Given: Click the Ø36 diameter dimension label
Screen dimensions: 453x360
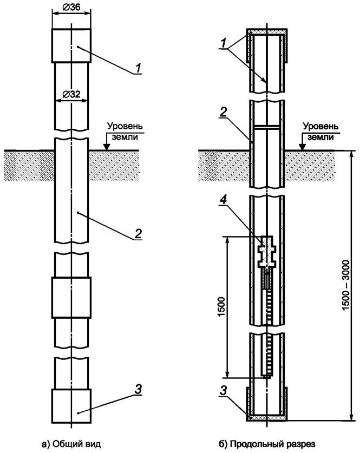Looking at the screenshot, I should [x=71, y=7].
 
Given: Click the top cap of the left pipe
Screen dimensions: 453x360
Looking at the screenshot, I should [x=71, y=45].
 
